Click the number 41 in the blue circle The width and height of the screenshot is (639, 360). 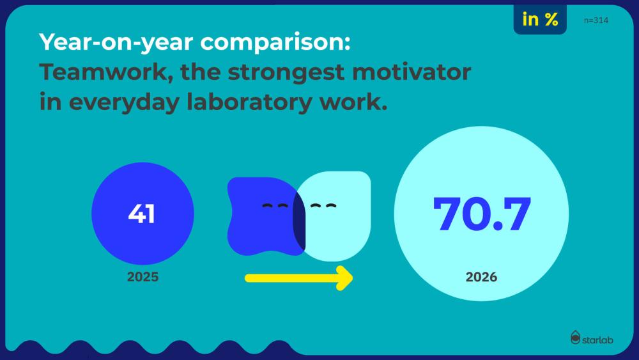pos(141,214)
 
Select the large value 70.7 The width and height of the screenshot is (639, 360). pos(482,214)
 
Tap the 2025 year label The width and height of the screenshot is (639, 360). pos(142,277)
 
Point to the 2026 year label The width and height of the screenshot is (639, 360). pos(481,278)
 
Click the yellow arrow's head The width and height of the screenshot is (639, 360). pos(345,278)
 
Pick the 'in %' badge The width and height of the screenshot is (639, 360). pos(540,19)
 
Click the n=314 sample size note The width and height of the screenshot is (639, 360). pos(596,20)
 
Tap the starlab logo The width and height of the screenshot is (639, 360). pos(592,338)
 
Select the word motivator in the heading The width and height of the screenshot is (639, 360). pos(412,72)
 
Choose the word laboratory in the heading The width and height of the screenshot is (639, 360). pos(249,102)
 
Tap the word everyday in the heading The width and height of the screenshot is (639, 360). pos(124,102)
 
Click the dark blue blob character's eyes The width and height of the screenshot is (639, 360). pos(275,205)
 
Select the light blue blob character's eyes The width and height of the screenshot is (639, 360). pos(323,206)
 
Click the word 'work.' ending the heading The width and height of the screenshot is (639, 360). pos(353,102)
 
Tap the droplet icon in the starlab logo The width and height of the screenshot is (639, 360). pos(575,338)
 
